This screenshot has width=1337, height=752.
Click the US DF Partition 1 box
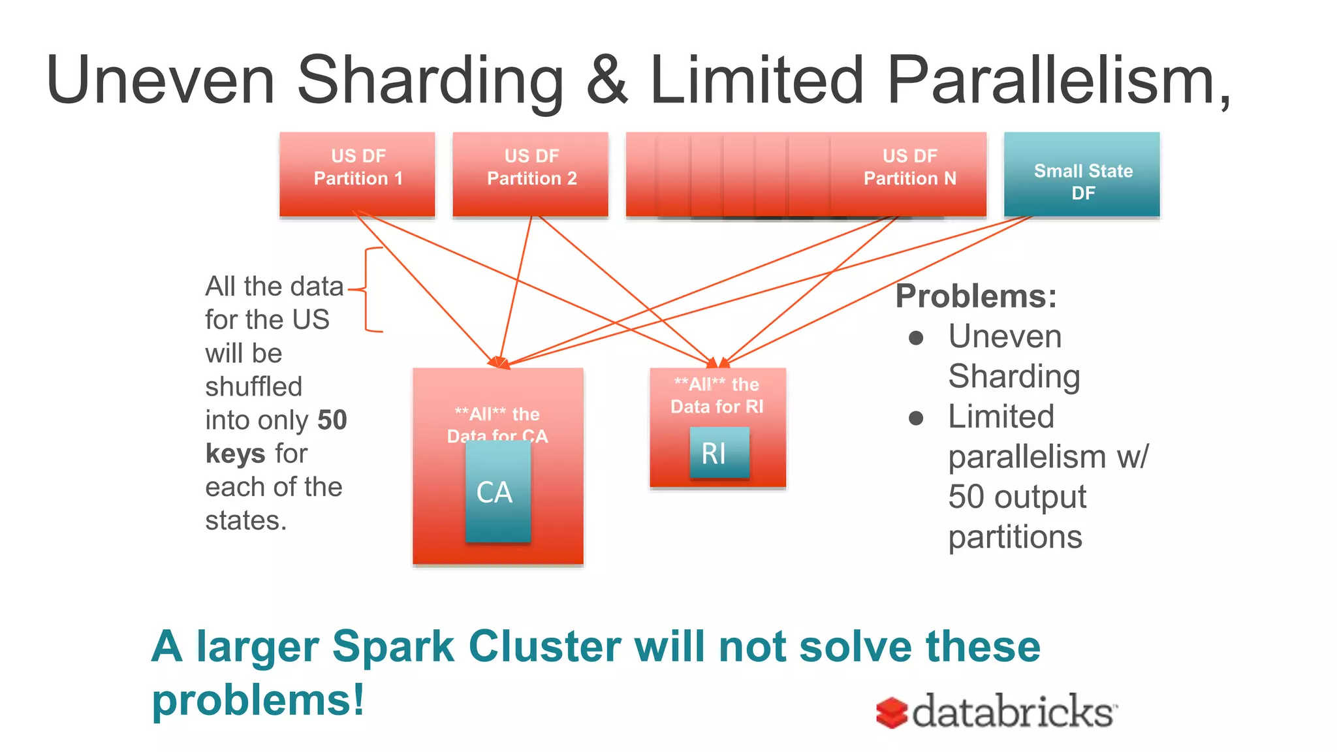click(357, 174)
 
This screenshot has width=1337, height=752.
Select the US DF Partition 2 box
click(531, 174)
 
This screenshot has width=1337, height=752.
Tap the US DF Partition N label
click(909, 167)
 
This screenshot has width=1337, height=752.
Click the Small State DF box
click(1082, 174)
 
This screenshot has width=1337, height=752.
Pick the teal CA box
click(497, 492)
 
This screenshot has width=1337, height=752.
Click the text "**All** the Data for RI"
click(717, 396)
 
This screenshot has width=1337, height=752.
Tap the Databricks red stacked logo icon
click(892, 712)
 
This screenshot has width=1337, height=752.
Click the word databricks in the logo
click(1013, 712)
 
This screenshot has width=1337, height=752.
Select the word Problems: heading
click(976, 296)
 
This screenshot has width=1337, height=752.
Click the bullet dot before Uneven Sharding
click(916, 338)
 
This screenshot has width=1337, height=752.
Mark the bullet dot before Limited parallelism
click(916, 418)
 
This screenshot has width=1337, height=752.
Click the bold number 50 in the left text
click(332, 420)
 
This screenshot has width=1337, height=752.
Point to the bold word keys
click(235, 453)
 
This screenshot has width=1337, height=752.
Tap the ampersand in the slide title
click(606, 80)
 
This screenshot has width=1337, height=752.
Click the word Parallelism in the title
click(1058, 80)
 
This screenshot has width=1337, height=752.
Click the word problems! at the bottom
click(258, 700)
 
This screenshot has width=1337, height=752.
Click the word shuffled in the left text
click(253, 386)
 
